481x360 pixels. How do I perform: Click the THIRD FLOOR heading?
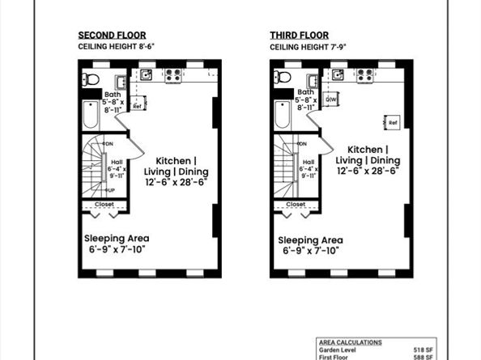click(x=299, y=36)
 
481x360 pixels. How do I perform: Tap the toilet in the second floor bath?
click(x=91, y=79)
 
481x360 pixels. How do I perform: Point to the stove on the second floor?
click(x=173, y=76)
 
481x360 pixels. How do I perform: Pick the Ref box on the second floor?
click(x=137, y=106)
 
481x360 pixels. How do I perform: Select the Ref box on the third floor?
click(x=393, y=122)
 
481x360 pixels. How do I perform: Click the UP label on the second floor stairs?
click(x=109, y=189)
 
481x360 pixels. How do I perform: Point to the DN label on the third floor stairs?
click(x=302, y=144)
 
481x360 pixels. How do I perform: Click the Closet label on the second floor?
click(x=104, y=205)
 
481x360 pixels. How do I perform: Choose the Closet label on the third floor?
click(x=296, y=205)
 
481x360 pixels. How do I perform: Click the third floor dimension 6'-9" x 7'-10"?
click(x=310, y=251)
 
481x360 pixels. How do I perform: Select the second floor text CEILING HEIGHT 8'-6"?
click(x=116, y=48)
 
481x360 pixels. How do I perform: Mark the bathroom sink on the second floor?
click(x=121, y=81)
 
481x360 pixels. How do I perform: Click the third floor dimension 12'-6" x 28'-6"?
click(x=368, y=171)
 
